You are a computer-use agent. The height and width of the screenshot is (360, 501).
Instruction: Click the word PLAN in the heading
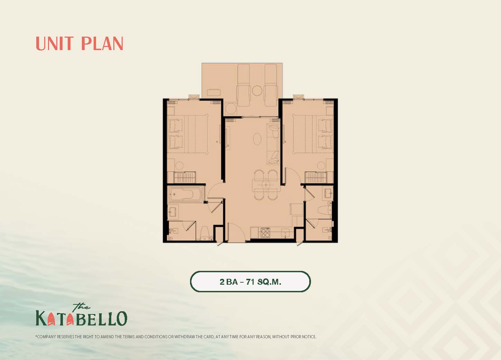102,44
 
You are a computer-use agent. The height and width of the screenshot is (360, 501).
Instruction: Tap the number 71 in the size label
250,282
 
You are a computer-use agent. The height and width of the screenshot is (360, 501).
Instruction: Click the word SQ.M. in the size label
269,282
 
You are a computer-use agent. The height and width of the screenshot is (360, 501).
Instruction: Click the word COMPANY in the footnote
46,337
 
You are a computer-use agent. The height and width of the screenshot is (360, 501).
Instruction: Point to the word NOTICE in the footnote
309,337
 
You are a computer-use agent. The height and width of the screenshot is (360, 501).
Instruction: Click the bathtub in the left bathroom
186,195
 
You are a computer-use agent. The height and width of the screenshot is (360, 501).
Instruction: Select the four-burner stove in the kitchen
265,233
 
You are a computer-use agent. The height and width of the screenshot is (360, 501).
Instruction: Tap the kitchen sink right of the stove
285,233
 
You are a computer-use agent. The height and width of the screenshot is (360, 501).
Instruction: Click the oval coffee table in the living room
257,139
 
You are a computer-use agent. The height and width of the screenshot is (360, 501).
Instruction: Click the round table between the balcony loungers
257,91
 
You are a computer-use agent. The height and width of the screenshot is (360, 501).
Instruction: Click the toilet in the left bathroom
205,233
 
